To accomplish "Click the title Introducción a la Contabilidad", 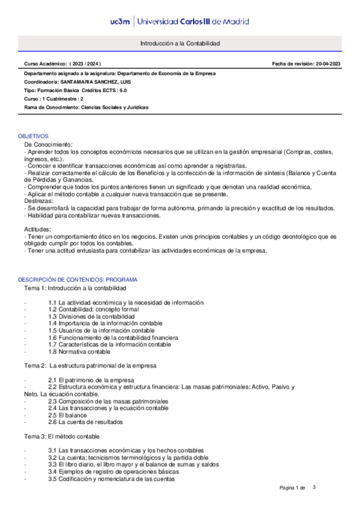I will click(x=180, y=44).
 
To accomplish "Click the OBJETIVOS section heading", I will click(x=33, y=137).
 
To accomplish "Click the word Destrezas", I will click(x=38, y=201).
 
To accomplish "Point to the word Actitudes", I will click(x=38, y=230).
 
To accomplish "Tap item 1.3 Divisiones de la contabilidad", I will click(x=91, y=316).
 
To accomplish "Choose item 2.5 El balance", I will click(x=67, y=415).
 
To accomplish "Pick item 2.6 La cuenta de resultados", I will click(x=86, y=422).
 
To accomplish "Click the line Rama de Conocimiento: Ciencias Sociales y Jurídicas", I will click(x=86, y=107).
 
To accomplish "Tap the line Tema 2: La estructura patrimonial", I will click(x=90, y=365).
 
